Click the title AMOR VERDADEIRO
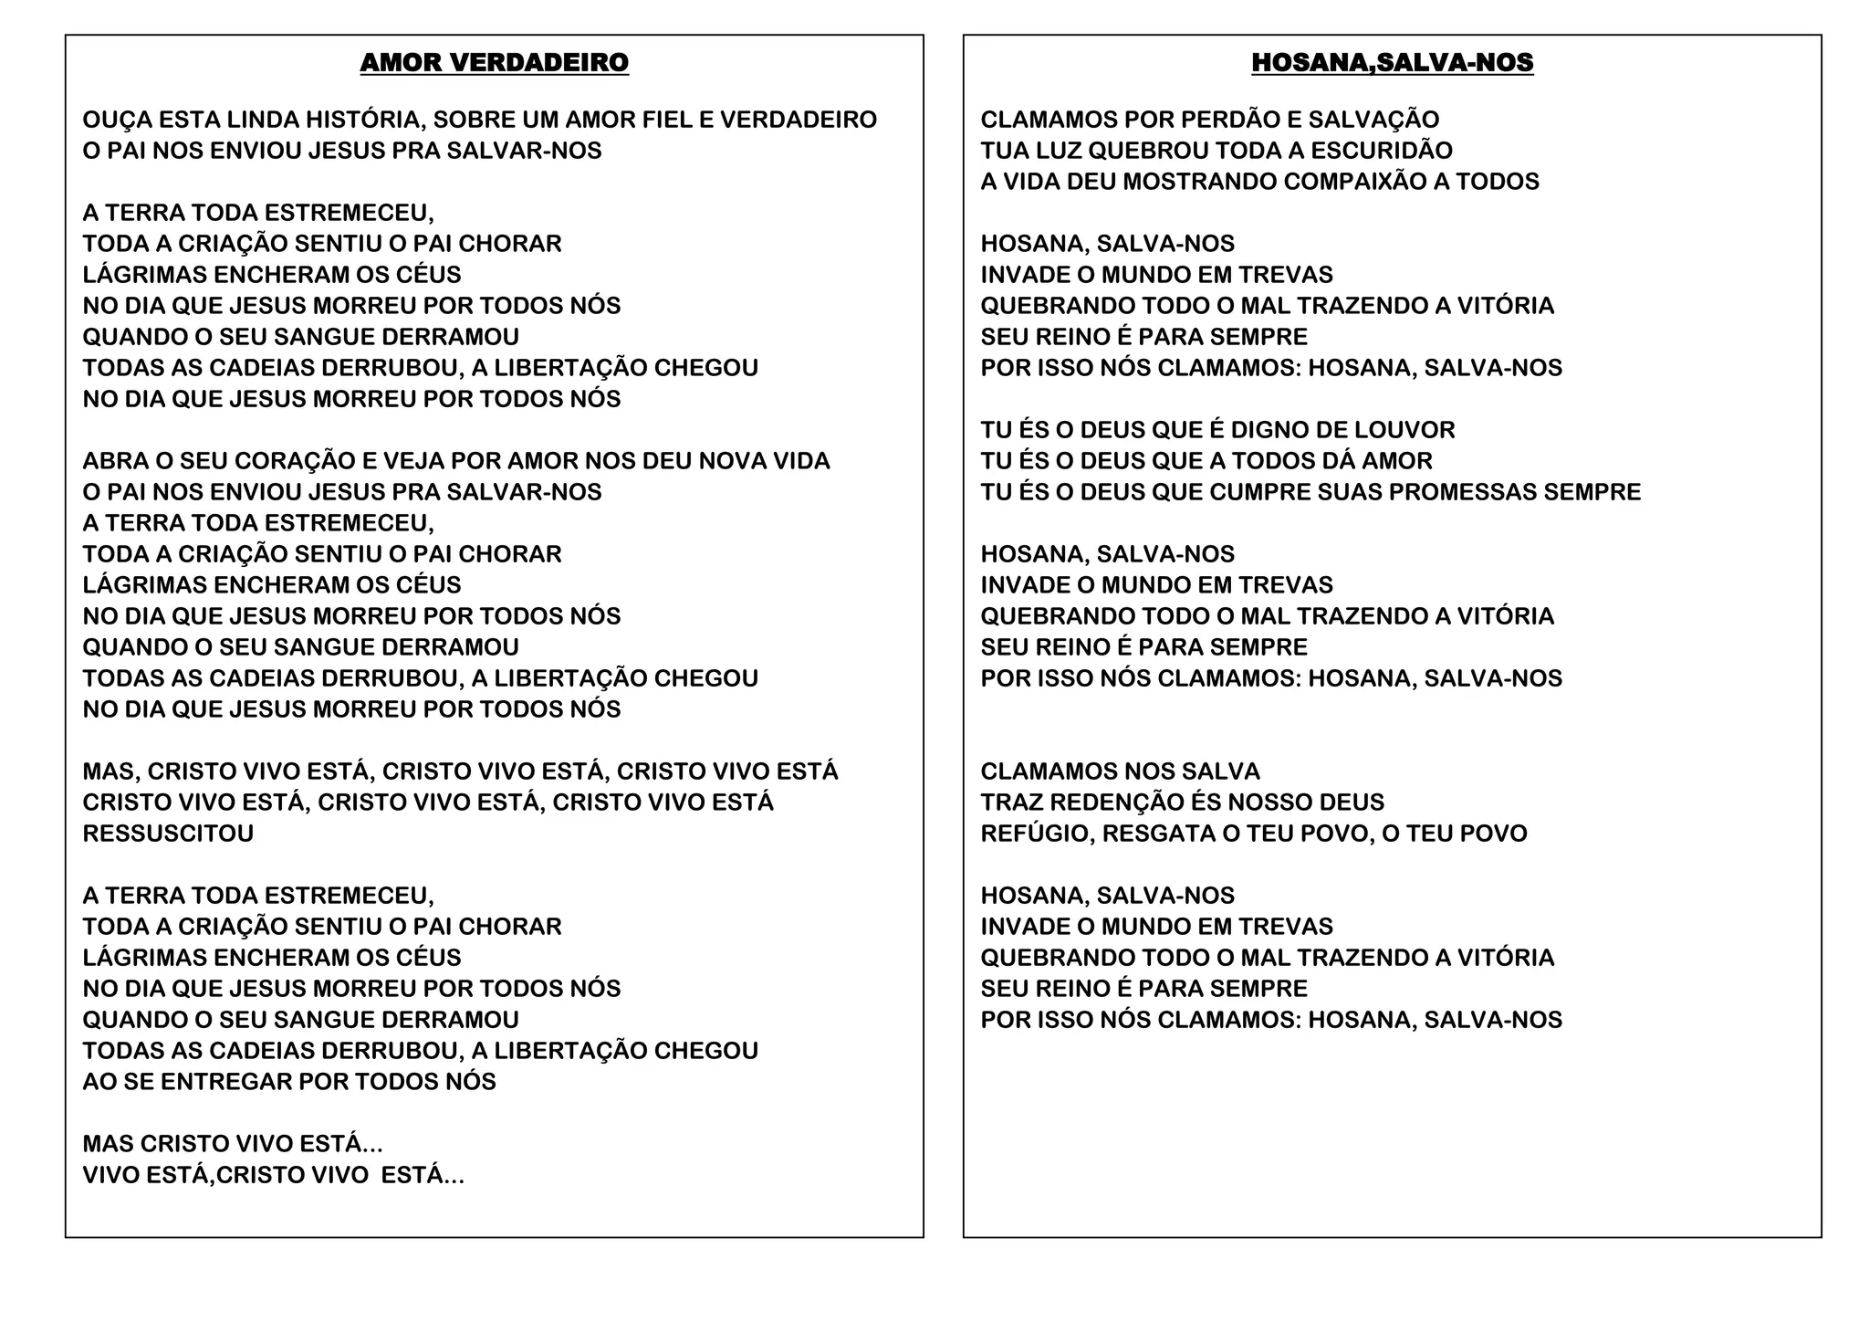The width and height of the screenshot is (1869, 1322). [494, 63]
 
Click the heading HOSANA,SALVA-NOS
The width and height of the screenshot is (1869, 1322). [1392, 63]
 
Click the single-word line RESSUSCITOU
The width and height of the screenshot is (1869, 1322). [168, 834]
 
